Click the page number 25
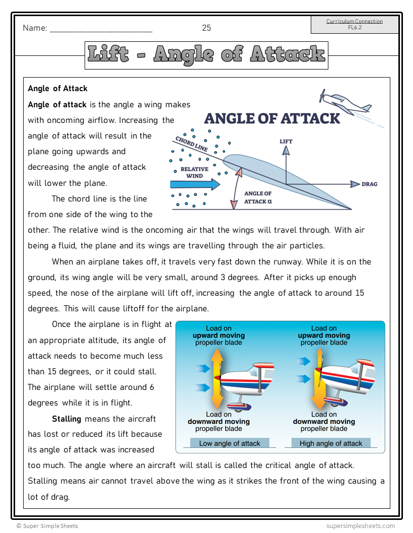pos(206,28)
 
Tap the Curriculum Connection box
pos(355,24)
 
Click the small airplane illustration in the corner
pos(346,101)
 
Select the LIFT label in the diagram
pos(286,142)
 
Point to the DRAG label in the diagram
pos(369,184)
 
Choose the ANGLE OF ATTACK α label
pos(258,197)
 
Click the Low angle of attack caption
pos(230,443)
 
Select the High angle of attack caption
pos(331,443)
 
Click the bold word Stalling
pos(66,419)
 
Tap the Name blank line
pos(101,29)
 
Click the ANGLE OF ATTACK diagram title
pos(272,118)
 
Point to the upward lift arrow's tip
pos(286,150)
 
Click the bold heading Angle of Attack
pos(58,89)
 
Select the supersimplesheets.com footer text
pos(360,526)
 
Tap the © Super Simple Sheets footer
pos(47,526)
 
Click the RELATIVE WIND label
pos(194,173)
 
